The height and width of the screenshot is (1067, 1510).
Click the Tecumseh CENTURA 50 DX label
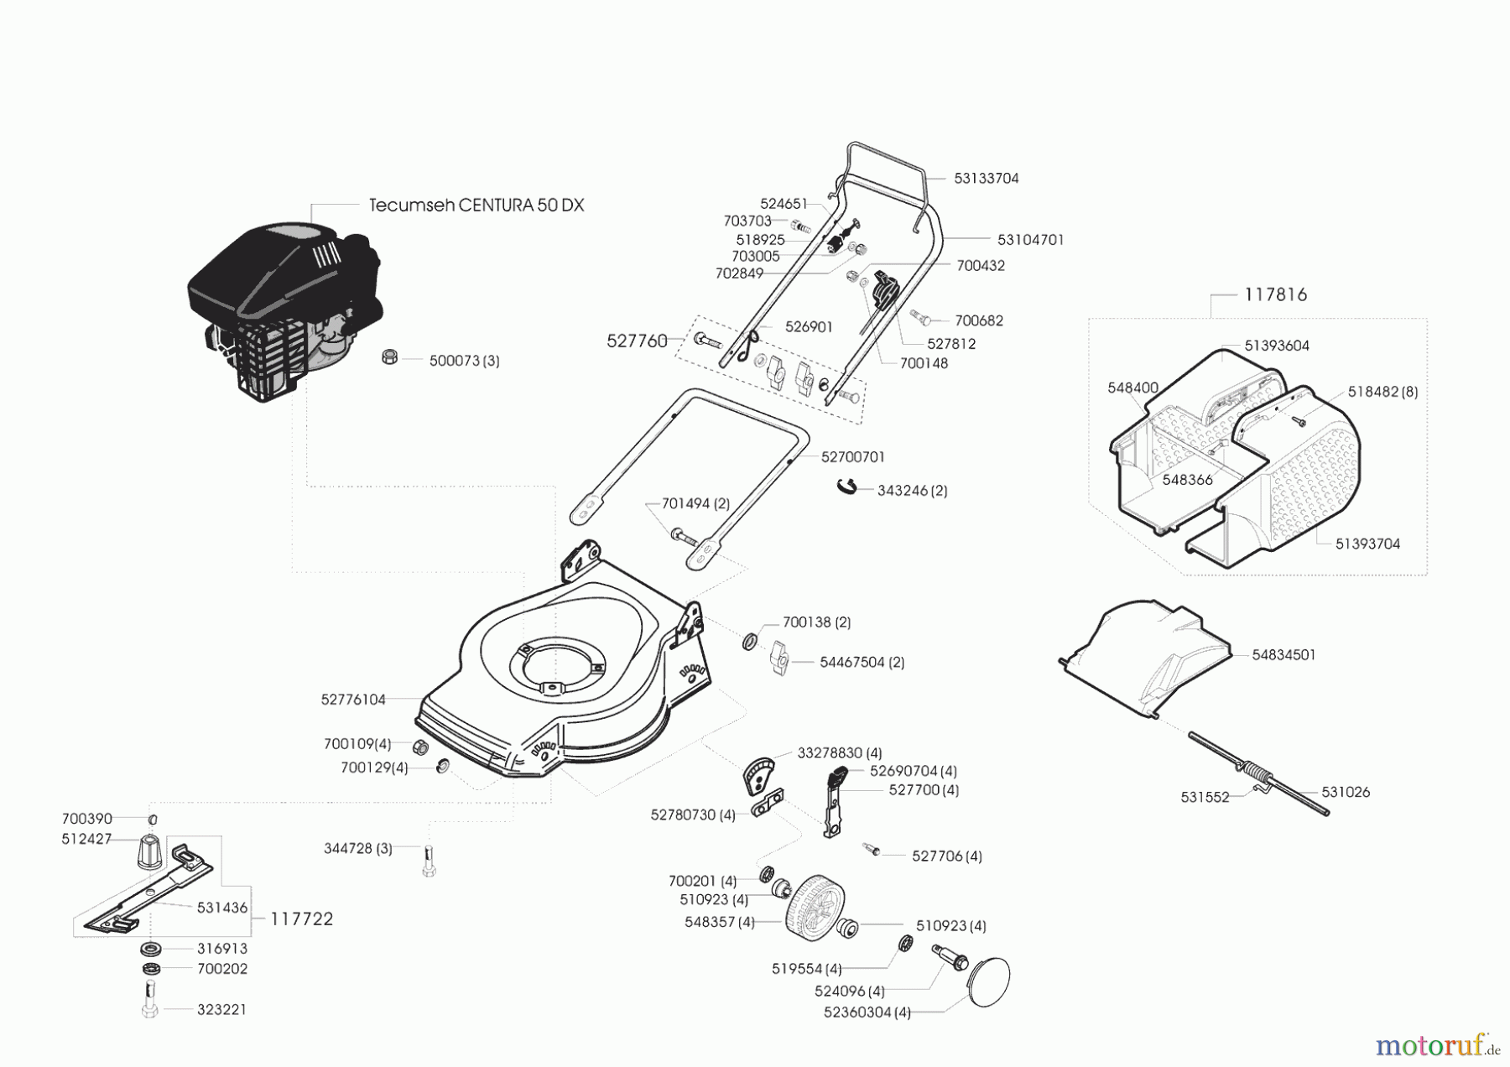coord(476,206)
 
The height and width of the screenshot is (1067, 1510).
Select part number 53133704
coord(986,178)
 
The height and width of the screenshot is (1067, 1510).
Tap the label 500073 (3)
coord(464,361)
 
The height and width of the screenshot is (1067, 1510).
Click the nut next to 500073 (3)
coord(388,357)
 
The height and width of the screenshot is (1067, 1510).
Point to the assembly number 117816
coord(1275,294)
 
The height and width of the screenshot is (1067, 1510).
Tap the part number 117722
coord(301,919)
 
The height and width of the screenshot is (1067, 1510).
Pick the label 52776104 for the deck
coord(353,700)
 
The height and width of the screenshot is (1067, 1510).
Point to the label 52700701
coord(852,457)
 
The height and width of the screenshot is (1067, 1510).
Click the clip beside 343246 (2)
coord(848,487)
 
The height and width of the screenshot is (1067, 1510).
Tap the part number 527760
coord(637,341)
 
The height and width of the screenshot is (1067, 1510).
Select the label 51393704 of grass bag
coord(1367,544)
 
